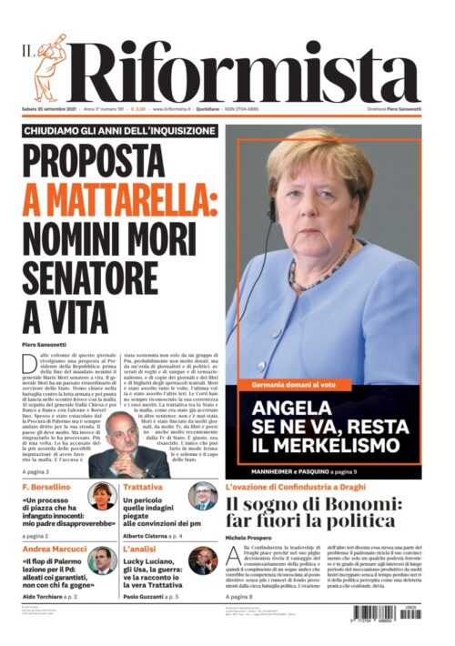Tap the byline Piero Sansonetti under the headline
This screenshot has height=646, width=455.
click(44, 345)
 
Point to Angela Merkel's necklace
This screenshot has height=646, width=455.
click(318, 273)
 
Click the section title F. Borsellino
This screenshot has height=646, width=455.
click(47, 489)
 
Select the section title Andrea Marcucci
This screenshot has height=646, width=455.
click(54, 550)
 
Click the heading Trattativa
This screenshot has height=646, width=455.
click(143, 489)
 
